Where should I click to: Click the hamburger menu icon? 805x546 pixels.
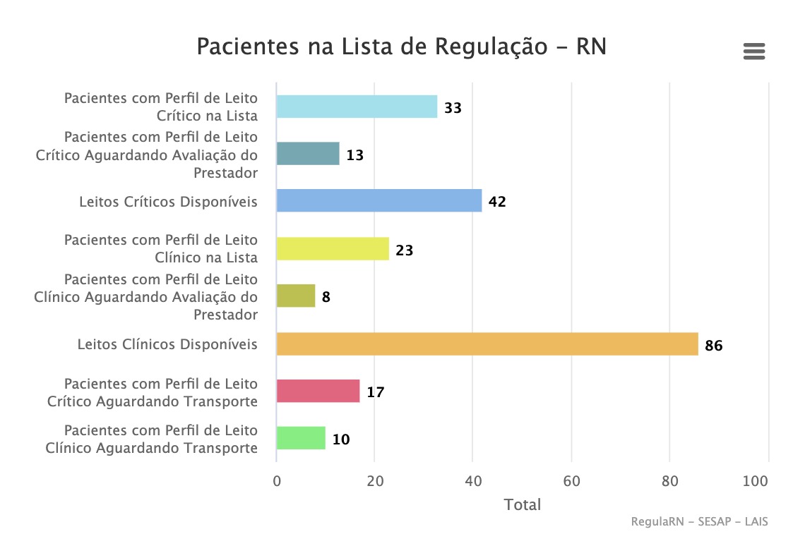[x=754, y=51]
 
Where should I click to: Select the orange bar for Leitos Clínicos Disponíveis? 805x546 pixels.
[x=487, y=344]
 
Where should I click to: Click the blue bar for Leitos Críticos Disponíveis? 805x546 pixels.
[x=378, y=201]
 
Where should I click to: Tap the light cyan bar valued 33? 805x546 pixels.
[x=357, y=107]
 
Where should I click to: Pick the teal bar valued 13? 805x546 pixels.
[x=308, y=154]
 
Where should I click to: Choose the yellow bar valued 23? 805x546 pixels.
[x=333, y=249]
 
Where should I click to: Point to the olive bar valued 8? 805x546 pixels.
[x=296, y=296]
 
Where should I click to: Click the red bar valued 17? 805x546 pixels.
[x=318, y=392]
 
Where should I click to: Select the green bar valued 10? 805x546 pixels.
[x=301, y=439]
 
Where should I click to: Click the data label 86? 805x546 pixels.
[x=714, y=346]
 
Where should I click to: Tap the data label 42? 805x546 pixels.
[x=497, y=202]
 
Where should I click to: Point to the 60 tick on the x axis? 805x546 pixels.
[x=571, y=481]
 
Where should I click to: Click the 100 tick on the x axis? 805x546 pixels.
[x=756, y=481]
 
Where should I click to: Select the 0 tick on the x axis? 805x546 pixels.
[x=277, y=481]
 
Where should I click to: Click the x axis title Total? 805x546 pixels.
[x=523, y=505]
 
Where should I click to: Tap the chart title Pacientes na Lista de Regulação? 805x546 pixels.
[x=401, y=47]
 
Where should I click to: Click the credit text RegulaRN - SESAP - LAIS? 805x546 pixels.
[x=699, y=522]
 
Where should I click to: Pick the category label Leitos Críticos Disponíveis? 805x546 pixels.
[x=168, y=202]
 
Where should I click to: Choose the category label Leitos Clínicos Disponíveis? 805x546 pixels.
[x=167, y=344]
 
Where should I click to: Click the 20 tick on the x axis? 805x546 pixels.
[x=375, y=481]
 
